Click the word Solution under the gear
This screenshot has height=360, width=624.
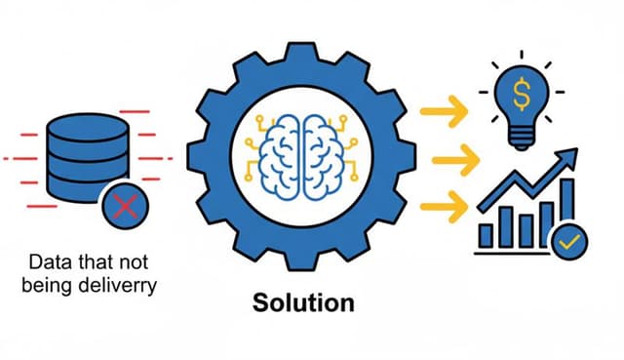(303, 302)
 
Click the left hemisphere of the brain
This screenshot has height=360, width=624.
(283, 147)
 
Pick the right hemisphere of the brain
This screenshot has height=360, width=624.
(325, 147)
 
